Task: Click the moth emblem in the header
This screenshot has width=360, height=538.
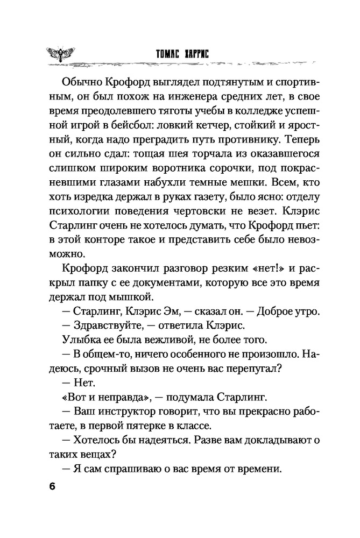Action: pyautogui.click(x=61, y=54)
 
